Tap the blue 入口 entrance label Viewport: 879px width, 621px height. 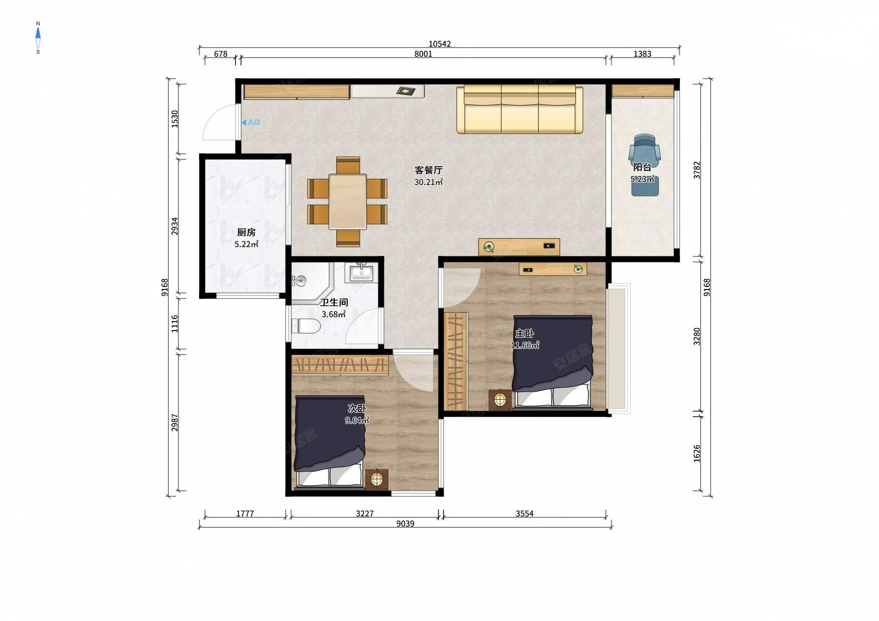251,122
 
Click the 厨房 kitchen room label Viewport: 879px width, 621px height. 246,232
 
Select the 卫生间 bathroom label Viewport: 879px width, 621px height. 334,302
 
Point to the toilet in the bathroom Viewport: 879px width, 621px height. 306,326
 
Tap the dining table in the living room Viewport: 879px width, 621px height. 348,201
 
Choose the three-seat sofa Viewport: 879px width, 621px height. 520,109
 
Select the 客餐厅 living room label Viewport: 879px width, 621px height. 428,170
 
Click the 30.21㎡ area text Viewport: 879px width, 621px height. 428,182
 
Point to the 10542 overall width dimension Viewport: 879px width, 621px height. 439,44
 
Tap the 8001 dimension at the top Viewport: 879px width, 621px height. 423,54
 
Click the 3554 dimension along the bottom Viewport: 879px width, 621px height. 525,513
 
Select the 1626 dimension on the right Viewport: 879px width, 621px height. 697,453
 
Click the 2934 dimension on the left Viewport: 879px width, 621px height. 174,226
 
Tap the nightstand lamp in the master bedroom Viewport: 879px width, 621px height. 500,400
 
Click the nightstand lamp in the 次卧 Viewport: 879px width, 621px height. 377,479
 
